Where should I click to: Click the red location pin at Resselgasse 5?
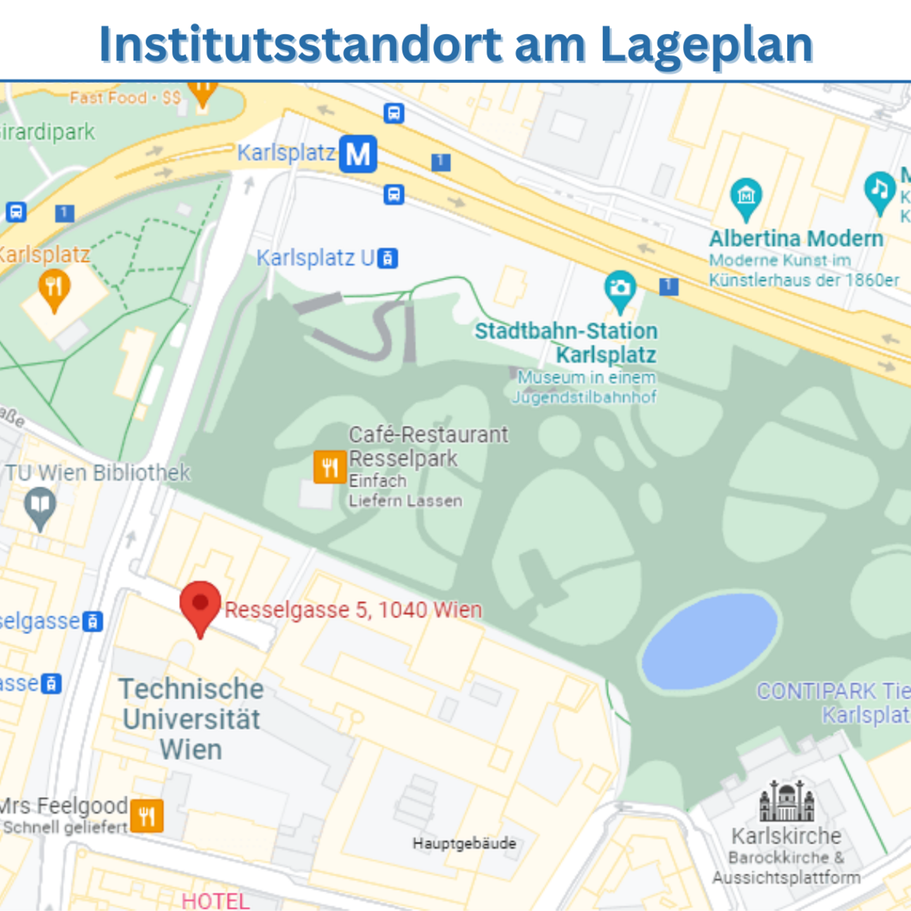point(200,604)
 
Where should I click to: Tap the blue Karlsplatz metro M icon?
point(358,154)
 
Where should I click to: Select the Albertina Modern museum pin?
point(746,196)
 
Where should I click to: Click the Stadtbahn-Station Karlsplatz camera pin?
point(620,288)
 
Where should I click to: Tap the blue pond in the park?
point(709,641)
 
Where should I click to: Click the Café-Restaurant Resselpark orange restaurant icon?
point(330,467)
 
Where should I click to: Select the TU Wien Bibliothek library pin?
point(40,505)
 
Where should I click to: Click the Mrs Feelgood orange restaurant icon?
point(147,815)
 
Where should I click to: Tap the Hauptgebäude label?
point(464,843)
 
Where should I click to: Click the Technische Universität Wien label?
point(191,719)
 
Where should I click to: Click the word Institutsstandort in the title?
point(301,45)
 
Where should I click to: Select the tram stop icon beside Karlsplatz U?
point(388,258)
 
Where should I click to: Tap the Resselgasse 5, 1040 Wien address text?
point(353,610)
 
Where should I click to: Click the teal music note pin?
point(879,189)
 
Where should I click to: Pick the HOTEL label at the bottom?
point(215,900)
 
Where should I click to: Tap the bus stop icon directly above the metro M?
point(394,114)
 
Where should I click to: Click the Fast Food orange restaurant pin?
point(202,92)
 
